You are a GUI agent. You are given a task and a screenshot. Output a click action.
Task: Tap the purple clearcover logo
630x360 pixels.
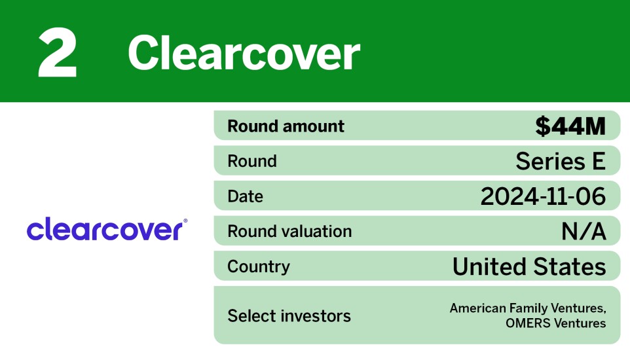click(x=105, y=230)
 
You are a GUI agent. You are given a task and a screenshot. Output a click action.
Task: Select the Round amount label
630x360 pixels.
click(x=286, y=126)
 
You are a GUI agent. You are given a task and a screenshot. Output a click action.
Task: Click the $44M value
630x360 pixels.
click(x=570, y=126)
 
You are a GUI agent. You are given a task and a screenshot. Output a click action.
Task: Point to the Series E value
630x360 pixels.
click(x=561, y=161)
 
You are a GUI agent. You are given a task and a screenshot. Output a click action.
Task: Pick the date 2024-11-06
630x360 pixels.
click(x=543, y=196)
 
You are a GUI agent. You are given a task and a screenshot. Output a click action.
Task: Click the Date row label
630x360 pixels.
click(x=245, y=196)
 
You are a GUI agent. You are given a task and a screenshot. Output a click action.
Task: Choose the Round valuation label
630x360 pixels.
click(x=289, y=231)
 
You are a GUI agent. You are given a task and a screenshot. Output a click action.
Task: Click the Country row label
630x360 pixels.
click(x=258, y=266)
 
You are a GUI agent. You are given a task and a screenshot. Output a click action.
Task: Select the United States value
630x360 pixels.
click(x=529, y=266)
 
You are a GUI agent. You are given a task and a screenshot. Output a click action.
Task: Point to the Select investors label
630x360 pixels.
click(x=289, y=315)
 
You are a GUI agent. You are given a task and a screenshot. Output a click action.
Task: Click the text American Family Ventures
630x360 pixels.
click(x=527, y=308)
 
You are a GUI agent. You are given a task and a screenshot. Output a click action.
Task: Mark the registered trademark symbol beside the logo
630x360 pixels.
click(x=185, y=221)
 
